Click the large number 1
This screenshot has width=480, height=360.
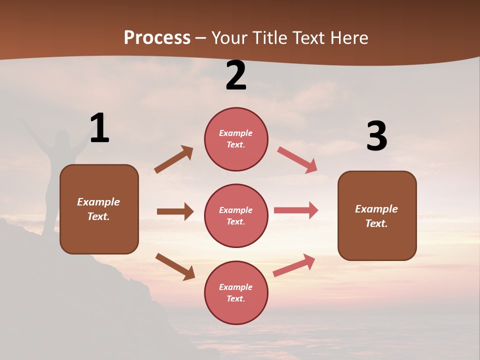[99, 128]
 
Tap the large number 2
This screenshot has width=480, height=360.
[236, 75]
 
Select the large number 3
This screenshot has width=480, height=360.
[376, 136]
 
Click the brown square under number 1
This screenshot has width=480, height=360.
[99, 209]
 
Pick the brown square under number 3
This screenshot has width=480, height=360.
[377, 215]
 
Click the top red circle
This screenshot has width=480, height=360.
[236, 139]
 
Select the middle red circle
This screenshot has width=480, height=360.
[236, 215]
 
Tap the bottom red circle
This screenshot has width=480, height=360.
[236, 292]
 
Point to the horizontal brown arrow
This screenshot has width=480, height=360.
[175, 211]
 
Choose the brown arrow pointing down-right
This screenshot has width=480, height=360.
[175, 266]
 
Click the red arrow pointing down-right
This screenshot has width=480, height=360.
[297, 160]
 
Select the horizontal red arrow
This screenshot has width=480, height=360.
[296, 210]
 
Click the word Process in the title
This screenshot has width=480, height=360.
[157, 38]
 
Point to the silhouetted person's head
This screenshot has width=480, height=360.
[62, 137]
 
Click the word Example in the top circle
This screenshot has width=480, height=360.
[236, 133]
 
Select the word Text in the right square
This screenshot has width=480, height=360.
[375, 223]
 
